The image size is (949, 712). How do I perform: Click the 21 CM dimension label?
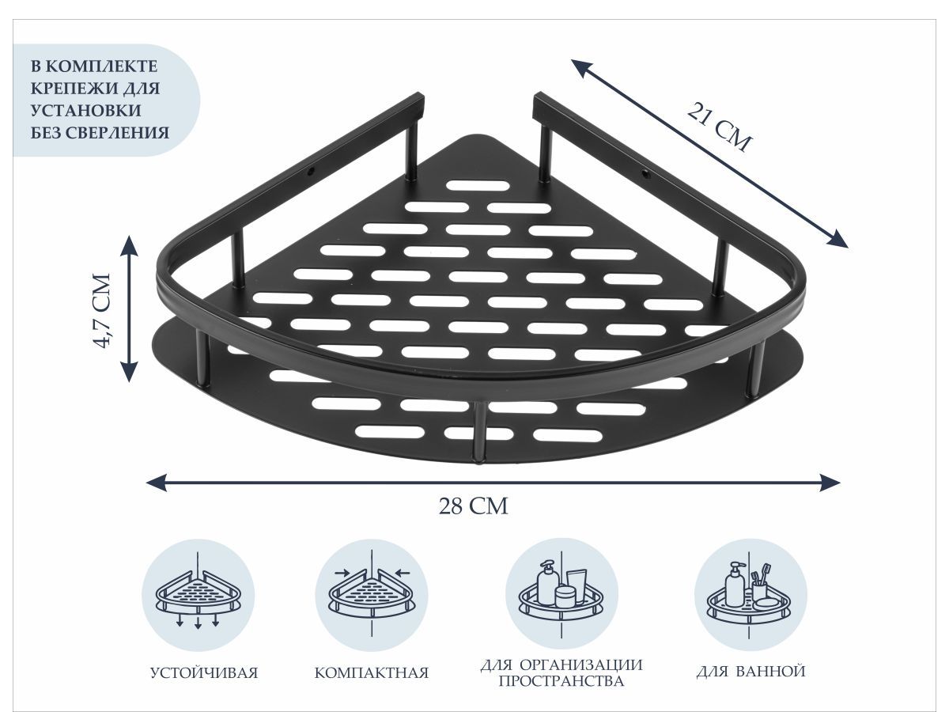[720, 127]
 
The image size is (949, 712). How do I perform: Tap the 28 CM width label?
[474, 506]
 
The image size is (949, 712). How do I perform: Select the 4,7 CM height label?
[103, 311]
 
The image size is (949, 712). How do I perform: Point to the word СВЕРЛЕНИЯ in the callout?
[117, 133]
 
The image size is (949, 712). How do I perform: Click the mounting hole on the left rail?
[309, 172]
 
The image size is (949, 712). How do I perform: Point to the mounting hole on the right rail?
[645, 174]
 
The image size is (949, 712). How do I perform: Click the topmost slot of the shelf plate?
[478, 186]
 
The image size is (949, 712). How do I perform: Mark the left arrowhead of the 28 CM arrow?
[156, 482]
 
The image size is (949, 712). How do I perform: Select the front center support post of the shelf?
[478, 432]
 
